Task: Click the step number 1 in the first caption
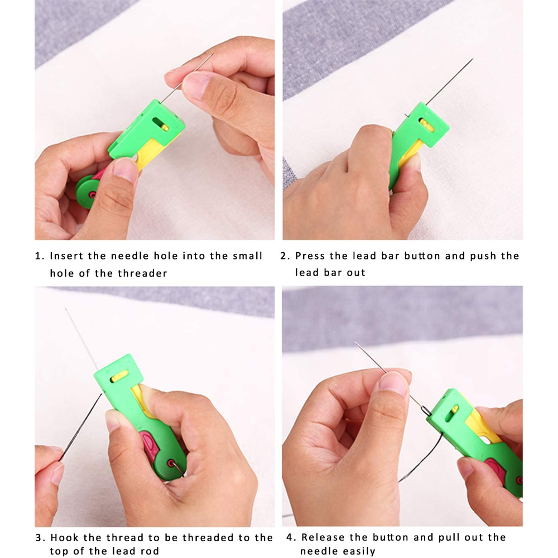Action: point(38,256)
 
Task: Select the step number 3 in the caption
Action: point(38,538)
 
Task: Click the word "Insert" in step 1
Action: point(66,256)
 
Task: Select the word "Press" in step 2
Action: point(309,256)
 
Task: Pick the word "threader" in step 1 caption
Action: point(142,273)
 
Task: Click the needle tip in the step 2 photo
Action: point(472,59)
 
